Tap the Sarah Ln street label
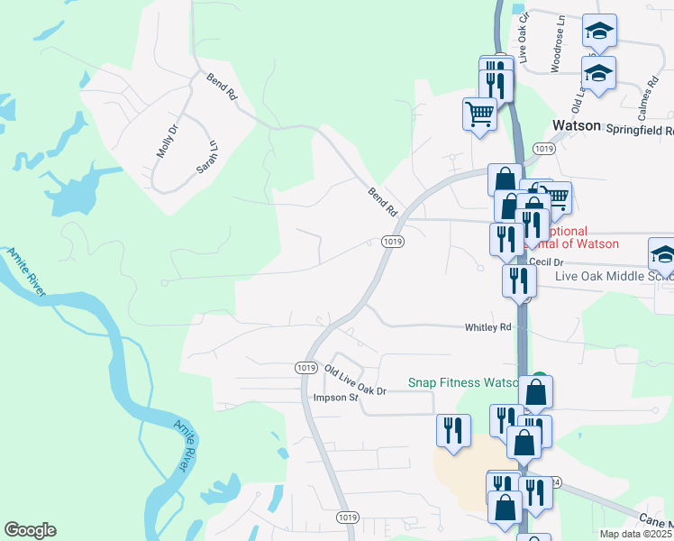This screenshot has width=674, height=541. [208, 157]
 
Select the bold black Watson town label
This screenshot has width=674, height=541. [576, 126]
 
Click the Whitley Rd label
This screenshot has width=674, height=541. [487, 327]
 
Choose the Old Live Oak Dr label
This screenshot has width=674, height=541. [355, 379]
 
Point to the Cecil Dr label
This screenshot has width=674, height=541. [546, 261]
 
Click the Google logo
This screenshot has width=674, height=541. [30, 530]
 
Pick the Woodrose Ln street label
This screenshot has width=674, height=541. [559, 54]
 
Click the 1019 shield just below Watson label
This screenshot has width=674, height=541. [543, 148]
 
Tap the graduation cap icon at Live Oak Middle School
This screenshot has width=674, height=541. [662, 257]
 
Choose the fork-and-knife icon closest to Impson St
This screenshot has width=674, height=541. [452, 429]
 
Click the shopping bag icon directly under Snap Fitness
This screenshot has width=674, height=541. [535, 392]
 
